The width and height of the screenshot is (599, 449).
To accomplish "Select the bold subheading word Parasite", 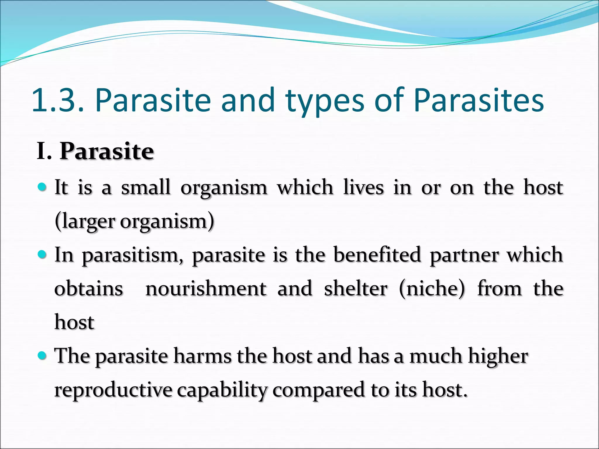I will click(x=107, y=151).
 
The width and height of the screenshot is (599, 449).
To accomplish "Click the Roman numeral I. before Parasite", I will click(x=44, y=151).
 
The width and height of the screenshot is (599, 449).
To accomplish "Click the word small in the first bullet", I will click(x=146, y=187).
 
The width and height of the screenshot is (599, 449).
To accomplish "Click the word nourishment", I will click(x=206, y=289).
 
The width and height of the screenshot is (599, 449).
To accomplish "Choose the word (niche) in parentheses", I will click(x=432, y=289).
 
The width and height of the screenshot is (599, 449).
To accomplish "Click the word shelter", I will click(x=356, y=289).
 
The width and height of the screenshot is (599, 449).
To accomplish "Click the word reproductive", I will click(x=113, y=390).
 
